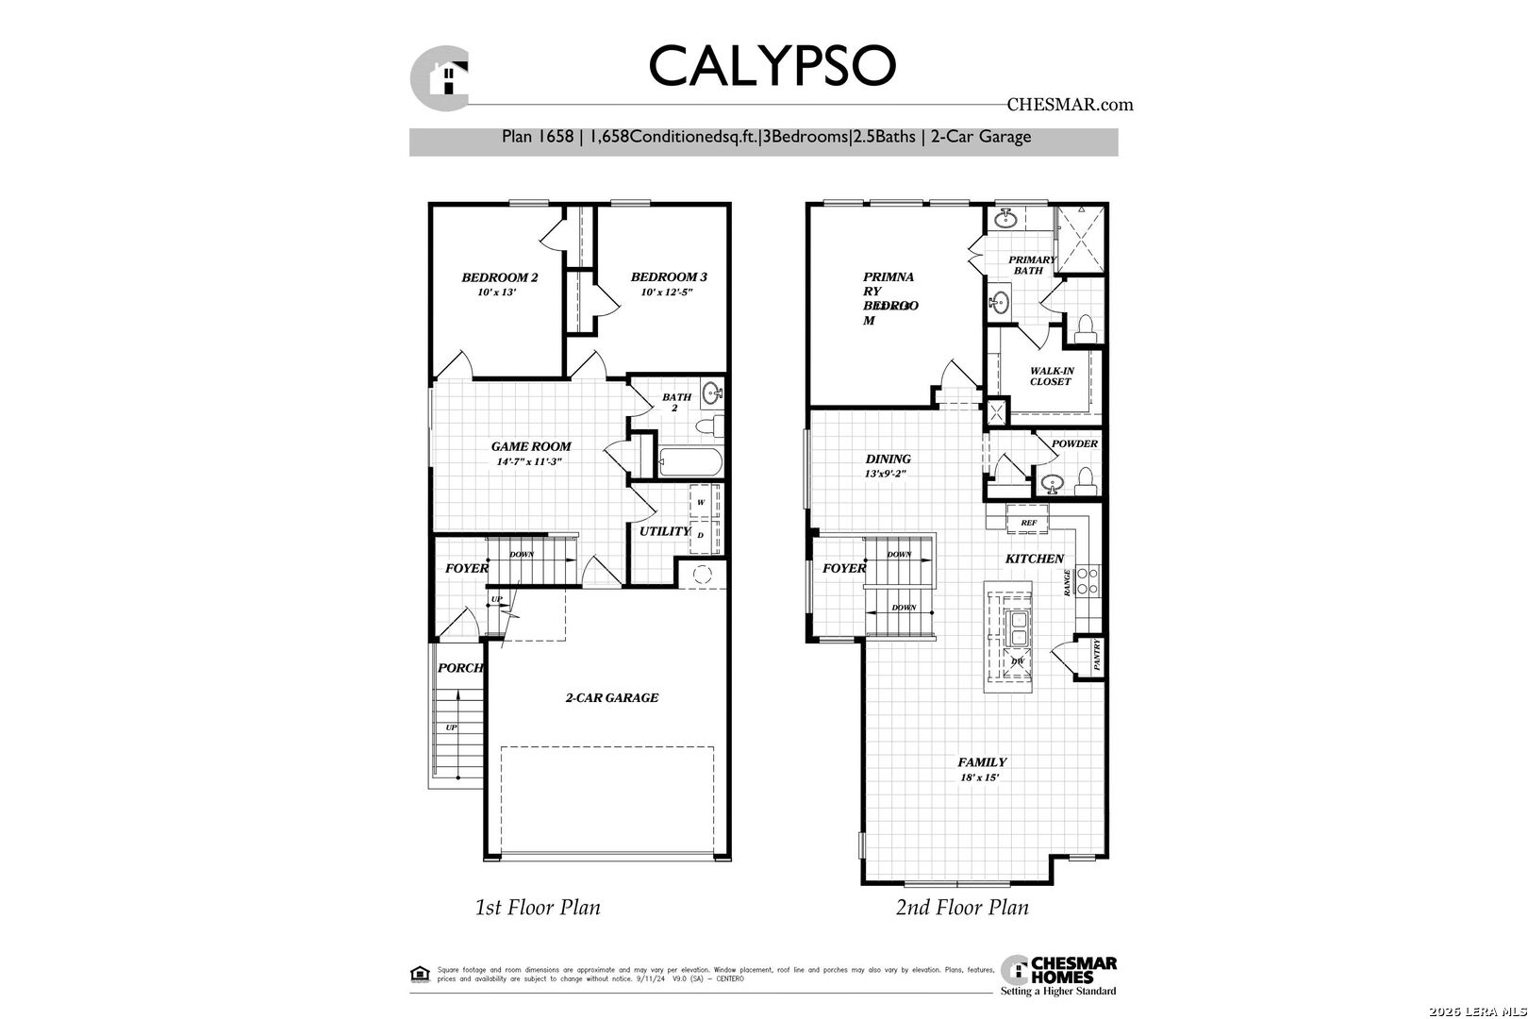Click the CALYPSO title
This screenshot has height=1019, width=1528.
pos(771,65)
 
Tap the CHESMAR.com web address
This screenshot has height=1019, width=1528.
pos(1070,105)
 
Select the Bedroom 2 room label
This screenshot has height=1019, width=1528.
pos(499,277)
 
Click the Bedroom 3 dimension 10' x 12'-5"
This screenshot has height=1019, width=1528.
pos(667,292)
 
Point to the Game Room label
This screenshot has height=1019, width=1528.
pos(530,446)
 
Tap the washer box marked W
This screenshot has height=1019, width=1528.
pos(701,503)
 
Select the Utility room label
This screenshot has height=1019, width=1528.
pos(664,531)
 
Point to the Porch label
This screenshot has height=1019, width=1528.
pos(459,668)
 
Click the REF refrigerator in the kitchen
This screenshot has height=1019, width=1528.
pos(1028,522)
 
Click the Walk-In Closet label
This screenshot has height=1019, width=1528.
pos(1051,376)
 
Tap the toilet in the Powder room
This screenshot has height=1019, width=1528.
pos(1085,483)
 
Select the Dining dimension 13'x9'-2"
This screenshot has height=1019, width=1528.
pos(887,475)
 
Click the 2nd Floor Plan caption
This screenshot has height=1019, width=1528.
pos(961,908)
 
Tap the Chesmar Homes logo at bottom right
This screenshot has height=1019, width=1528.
pos(1058,976)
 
